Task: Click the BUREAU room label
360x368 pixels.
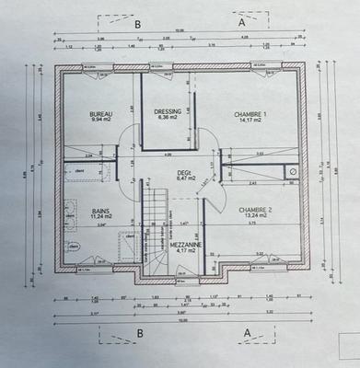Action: pos(100,112)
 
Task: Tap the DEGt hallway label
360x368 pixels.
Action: pos(184,171)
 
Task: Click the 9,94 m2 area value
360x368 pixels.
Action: pos(100,119)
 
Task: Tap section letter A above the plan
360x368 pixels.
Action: pos(241,19)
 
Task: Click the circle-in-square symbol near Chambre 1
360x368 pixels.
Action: pos(292,171)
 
